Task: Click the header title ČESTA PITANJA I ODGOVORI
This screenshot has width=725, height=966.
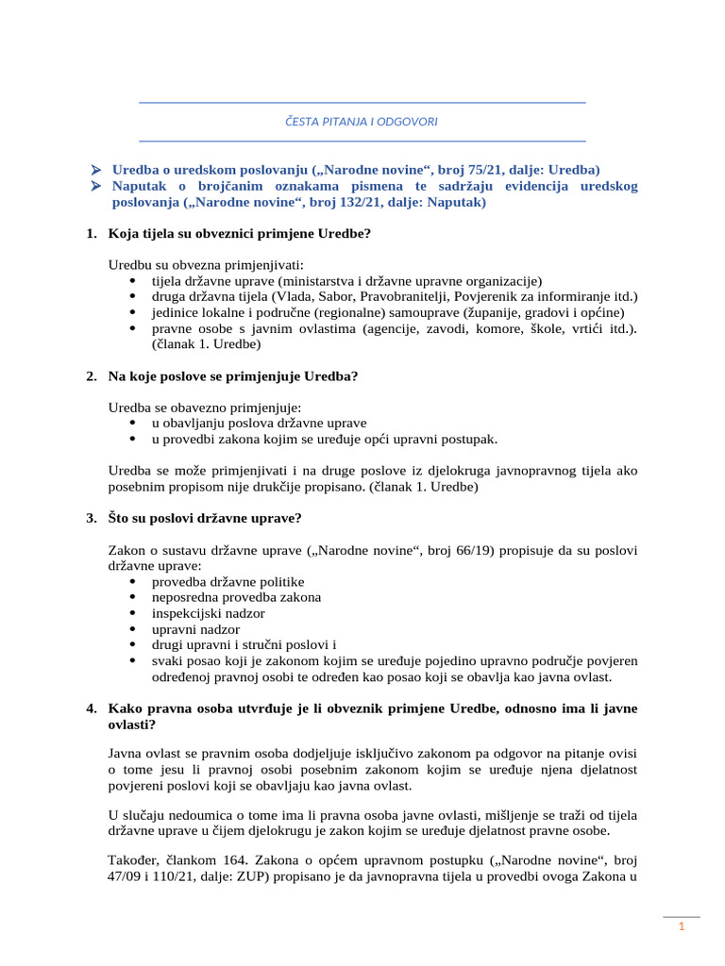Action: [362, 122]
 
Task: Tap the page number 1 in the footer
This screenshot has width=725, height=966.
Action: [681, 928]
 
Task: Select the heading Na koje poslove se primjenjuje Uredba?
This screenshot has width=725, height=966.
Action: [233, 376]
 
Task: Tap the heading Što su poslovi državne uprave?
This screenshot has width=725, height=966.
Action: [205, 519]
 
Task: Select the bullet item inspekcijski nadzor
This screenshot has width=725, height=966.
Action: [208, 613]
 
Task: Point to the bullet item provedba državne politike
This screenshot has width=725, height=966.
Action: [228, 582]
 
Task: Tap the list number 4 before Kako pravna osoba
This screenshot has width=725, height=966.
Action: [91, 708]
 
